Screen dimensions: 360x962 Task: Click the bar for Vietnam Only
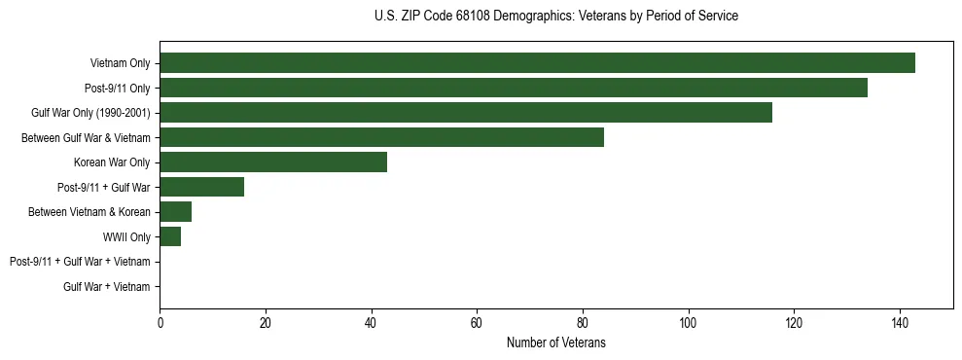pyautogui.click(x=537, y=63)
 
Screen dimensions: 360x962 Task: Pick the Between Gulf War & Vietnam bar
pyautogui.click(x=381, y=137)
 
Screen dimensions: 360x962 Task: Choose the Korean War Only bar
pyautogui.click(x=273, y=162)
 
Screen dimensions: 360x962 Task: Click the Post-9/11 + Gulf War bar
pyautogui.click(x=201, y=187)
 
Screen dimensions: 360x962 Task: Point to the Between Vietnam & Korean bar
pyautogui.click(x=175, y=212)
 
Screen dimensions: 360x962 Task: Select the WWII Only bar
pyautogui.click(x=170, y=236)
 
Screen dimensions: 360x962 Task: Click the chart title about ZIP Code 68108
pyautogui.click(x=555, y=17)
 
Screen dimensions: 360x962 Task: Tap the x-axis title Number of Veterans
pyautogui.click(x=555, y=342)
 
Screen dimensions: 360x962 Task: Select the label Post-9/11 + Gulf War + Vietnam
pyautogui.click(x=80, y=262)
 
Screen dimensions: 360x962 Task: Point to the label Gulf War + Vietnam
pyautogui.click(x=107, y=287)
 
